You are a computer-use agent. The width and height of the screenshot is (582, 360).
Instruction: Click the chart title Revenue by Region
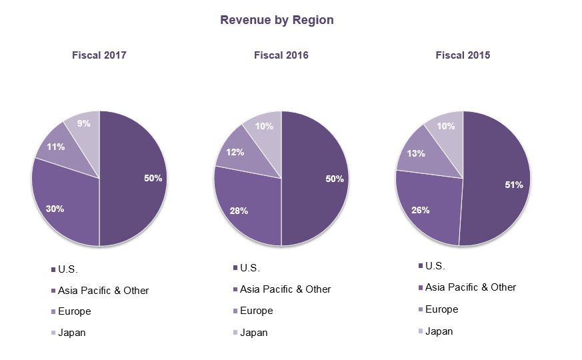(x=277, y=20)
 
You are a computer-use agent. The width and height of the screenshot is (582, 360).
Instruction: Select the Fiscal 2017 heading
(x=99, y=55)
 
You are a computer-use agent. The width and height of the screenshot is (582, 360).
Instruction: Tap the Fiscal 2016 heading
(x=281, y=55)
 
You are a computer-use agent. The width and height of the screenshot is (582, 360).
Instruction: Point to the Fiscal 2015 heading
(x=463, y=55)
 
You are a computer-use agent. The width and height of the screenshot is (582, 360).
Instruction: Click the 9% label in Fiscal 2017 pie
(x=84, y=123)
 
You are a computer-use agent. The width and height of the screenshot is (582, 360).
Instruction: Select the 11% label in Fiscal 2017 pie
(x=55, y=147)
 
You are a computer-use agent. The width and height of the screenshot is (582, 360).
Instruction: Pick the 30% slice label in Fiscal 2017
(x=55, y=209)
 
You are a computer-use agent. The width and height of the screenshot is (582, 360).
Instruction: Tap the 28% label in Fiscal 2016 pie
(x=239, y=211)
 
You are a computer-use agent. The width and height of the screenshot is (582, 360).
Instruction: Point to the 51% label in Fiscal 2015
(x=513, y=185)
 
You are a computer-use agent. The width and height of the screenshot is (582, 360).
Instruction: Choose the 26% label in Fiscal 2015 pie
(x=420, y=210)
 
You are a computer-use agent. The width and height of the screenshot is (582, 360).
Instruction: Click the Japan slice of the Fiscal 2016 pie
(x=264, y=133)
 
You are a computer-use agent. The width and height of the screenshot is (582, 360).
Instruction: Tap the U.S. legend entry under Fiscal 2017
(x=68, y=270)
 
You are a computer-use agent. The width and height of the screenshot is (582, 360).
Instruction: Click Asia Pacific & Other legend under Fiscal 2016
(x=285, y=289)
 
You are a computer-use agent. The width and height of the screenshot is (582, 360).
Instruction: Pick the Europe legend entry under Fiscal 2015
(x=441, y=309)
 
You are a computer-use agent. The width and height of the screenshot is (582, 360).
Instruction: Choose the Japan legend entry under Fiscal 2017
(x=71, y=333)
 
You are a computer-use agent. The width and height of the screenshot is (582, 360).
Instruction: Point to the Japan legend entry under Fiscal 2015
(x=439, y=331)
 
